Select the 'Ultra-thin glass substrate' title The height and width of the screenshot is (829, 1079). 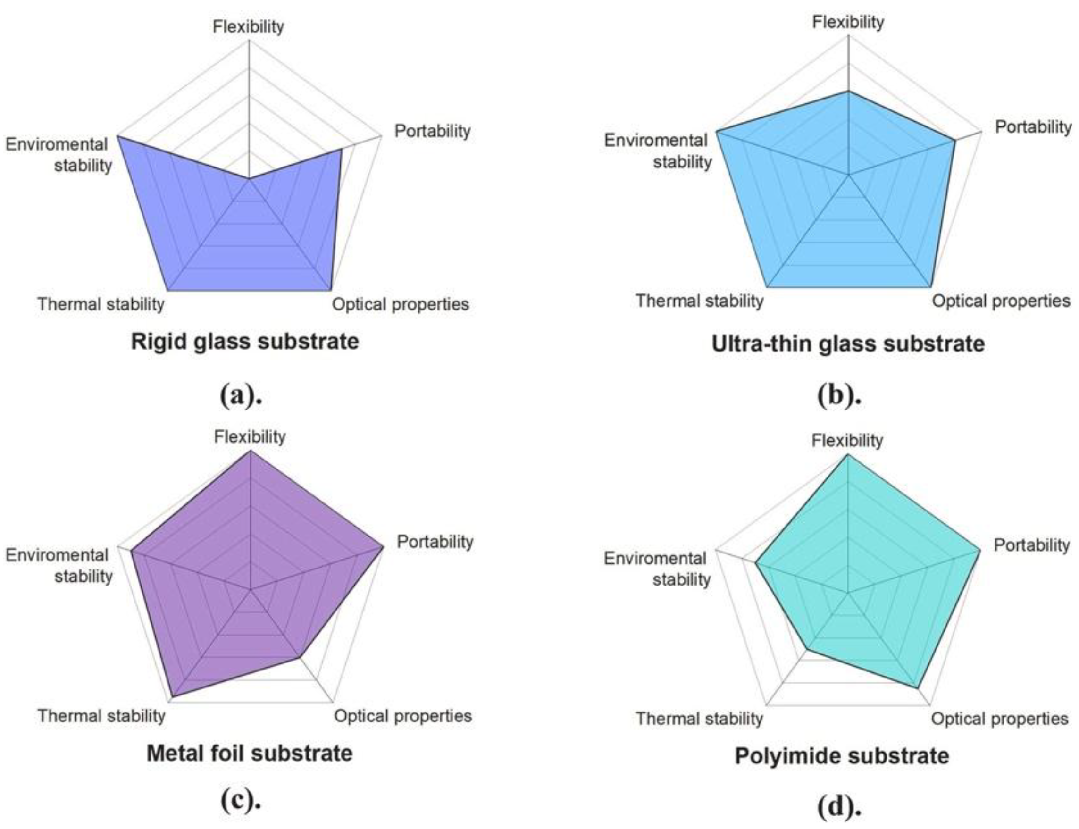848,344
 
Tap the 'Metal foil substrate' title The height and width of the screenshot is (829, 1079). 249,754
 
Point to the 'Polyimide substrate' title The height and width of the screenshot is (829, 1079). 842,756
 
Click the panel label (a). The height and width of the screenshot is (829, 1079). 240,396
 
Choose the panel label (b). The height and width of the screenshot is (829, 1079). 839,396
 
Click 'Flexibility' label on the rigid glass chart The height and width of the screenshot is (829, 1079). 248,26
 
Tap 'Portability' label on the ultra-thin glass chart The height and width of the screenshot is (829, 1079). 1033,127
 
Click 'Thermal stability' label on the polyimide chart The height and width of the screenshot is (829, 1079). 699,719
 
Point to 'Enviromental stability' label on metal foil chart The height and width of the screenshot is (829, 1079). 58,566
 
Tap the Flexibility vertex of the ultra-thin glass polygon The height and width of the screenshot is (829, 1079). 848,91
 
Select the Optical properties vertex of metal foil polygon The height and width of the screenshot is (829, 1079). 299,658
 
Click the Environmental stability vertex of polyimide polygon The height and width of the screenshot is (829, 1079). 756,562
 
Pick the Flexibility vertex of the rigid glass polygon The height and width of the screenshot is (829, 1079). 249,179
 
